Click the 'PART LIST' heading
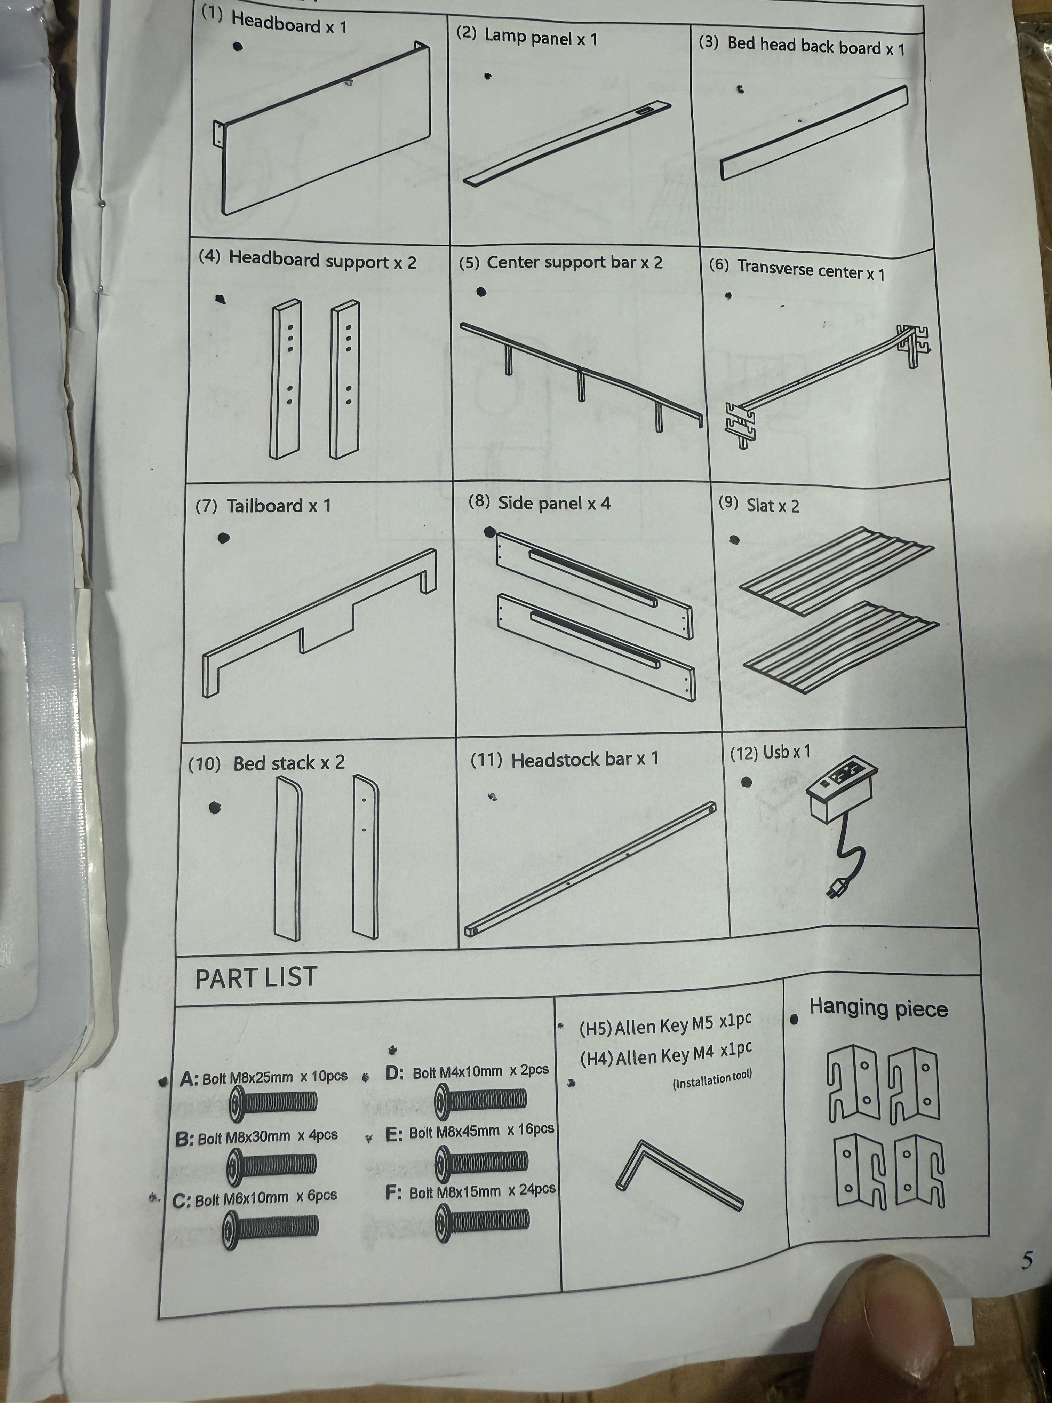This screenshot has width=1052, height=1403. click(x=256, y=977)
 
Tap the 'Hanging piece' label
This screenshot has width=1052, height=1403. click(x=878, y=1008)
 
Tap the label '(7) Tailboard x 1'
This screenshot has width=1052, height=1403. click(x=263, y=506)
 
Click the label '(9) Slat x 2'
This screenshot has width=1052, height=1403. click(x=759, y=505)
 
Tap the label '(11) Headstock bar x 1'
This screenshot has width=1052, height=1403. click(x=564, y=759)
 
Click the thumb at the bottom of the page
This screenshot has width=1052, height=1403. click(x=882, y=1332)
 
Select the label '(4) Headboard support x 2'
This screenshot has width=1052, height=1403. click(x=308, y=260)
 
